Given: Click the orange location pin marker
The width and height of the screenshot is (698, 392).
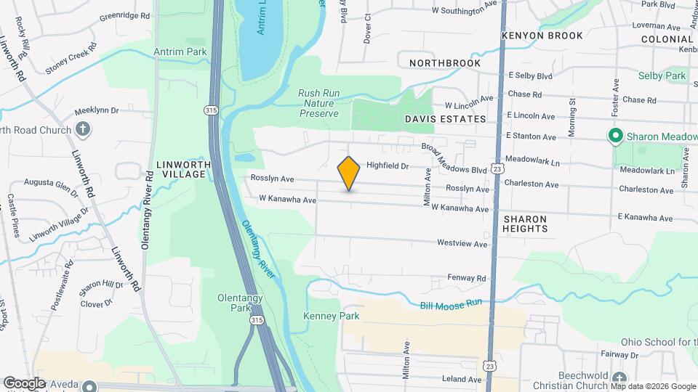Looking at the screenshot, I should tap(349, 173).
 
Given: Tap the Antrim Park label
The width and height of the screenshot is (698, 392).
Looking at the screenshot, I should tap(180, 52).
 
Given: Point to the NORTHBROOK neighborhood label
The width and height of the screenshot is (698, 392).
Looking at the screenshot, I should tap(445, 63).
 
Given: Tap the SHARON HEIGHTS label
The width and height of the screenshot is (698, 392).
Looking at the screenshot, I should tap(525, 223).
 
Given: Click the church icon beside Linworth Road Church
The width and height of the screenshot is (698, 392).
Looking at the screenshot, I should tap(84, 130).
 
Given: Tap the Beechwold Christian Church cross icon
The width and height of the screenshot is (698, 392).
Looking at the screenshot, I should tap(618, 378).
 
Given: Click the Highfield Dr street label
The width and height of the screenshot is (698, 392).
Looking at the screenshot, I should tap(388, 166).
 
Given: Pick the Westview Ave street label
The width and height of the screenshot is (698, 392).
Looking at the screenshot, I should tap(462, 244).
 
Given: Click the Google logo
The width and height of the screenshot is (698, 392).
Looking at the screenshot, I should tap(25, 383).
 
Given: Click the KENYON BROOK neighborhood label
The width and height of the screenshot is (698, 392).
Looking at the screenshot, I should tap(542, 36).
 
